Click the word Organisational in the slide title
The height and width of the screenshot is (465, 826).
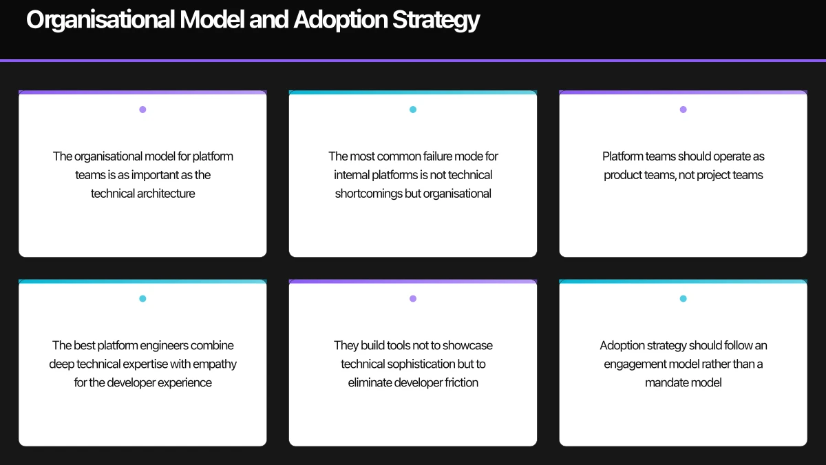[x=100, y=20]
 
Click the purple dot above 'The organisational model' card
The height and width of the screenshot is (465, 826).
[x=142, y=110]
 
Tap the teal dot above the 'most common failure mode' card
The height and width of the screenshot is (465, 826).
[x=413, y=110]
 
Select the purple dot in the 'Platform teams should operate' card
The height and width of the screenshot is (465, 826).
[x=683, y=110]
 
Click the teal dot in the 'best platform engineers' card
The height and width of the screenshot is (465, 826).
[x=142, y=298]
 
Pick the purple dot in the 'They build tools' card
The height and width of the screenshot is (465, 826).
[x=413, y=298]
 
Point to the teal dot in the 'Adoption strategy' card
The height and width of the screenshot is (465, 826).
[x=683, y=298]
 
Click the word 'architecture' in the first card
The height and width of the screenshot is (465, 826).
[x=166, y=194]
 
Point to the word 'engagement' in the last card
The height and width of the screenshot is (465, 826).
[x=635, y=364]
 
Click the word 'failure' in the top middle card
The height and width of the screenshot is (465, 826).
[x=435, y=156]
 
